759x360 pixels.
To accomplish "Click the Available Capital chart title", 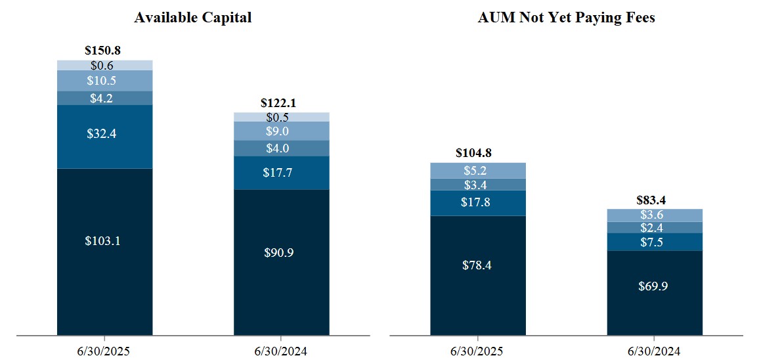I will click(192, 18).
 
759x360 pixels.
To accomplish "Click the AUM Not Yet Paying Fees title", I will click(566, 18).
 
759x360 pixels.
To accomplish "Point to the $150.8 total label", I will click(103, 50).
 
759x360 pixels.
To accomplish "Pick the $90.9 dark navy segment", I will click(282, 253).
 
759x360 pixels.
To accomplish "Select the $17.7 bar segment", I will click(282, 173).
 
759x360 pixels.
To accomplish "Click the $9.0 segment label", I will click(282, 131).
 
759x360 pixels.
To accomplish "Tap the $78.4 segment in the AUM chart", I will click(477, 265).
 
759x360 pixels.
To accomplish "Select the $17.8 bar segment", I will click(477, 202).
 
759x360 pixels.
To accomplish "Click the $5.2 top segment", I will click(477, 171).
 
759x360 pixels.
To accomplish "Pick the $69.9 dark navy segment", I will click(655, 286).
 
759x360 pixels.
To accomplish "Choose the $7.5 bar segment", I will click(655, 242).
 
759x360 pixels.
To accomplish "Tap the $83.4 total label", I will click(655, 200).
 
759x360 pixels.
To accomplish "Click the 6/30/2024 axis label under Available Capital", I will click(282, 350).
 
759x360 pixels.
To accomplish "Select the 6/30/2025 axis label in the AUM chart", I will click(477, 350).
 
